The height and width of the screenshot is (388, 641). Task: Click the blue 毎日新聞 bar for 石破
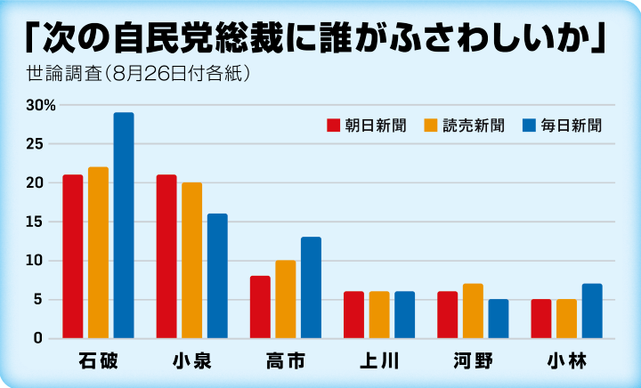pos(124,225)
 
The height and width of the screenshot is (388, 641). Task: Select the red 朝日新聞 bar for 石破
pos(73,256)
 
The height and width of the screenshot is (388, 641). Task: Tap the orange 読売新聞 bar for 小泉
pos(192,260)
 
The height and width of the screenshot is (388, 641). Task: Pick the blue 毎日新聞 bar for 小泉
pos(217,276)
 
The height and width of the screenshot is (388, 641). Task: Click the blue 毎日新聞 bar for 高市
pos(311,287)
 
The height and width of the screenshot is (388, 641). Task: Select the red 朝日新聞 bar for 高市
pos(260,307)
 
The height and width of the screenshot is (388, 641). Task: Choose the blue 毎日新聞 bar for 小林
pos(592,311)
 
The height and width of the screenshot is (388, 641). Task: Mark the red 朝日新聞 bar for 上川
pos(353,314)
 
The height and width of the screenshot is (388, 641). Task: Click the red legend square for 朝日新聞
pos(335,125)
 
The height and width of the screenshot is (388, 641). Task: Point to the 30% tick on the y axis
pos(41,105)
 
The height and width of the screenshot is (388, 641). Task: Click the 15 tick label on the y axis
pos(36,222)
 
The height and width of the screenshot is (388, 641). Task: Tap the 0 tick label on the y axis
pos(39,338)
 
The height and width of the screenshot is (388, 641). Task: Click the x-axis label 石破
pos(98,361)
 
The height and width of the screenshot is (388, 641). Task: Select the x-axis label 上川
pos(379,361)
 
